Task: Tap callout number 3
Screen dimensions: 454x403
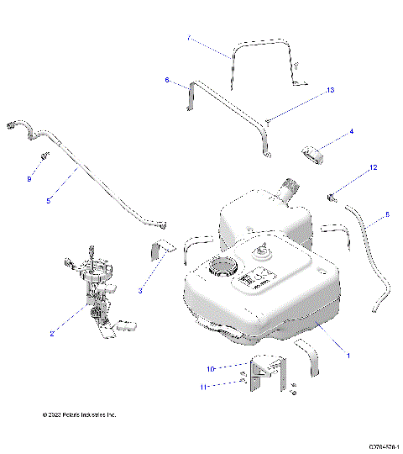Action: (140, 291)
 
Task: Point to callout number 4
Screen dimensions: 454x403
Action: (351, 132)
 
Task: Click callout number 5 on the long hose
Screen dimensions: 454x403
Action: (49, 201)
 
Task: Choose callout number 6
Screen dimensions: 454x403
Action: (167, 81)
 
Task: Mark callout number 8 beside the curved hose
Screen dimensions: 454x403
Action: (387, 215)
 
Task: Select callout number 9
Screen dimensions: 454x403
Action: (29, 178)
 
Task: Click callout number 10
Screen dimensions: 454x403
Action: (212, 367)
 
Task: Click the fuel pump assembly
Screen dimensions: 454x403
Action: (95, 294)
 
